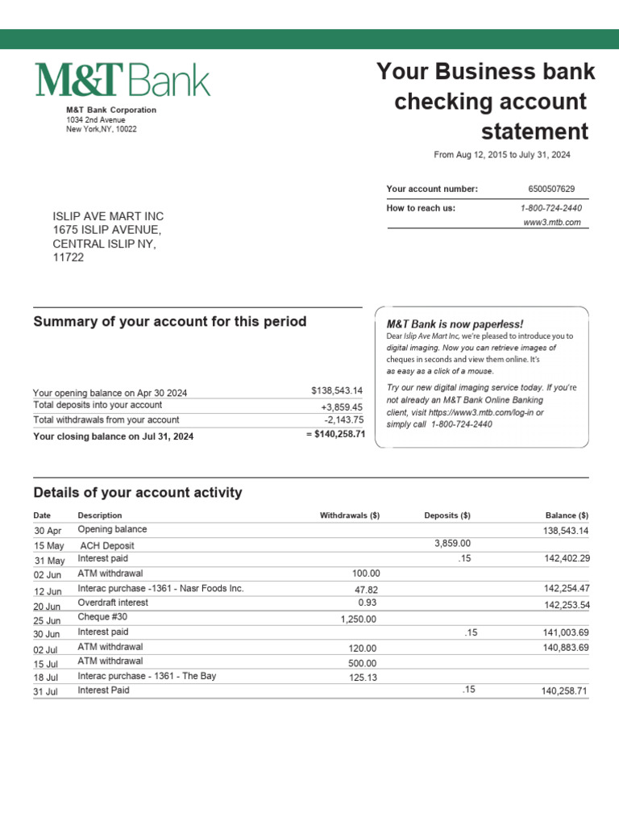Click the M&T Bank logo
click(x=122, y=81)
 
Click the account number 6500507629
click(x=551, y=189)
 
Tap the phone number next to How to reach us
click(x=551, y=208)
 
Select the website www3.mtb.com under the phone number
click(x=552, y=223)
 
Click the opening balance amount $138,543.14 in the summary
click(x=337, y=390)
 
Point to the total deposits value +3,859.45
click(x=342, y=407)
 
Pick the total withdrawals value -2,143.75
click(x=343, y=420)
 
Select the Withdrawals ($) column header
click(x=350, y=515)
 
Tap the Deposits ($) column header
click(x=447, y=515)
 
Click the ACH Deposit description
click(x=107, y=545)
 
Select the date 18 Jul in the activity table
click(x=47, y=678)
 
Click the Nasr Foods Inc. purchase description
click(x=160, y=589)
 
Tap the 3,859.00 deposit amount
click(x=452, y=544)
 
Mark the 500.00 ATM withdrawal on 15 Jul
click(x=362, y=663)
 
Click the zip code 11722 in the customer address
click(x=69, y=258)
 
